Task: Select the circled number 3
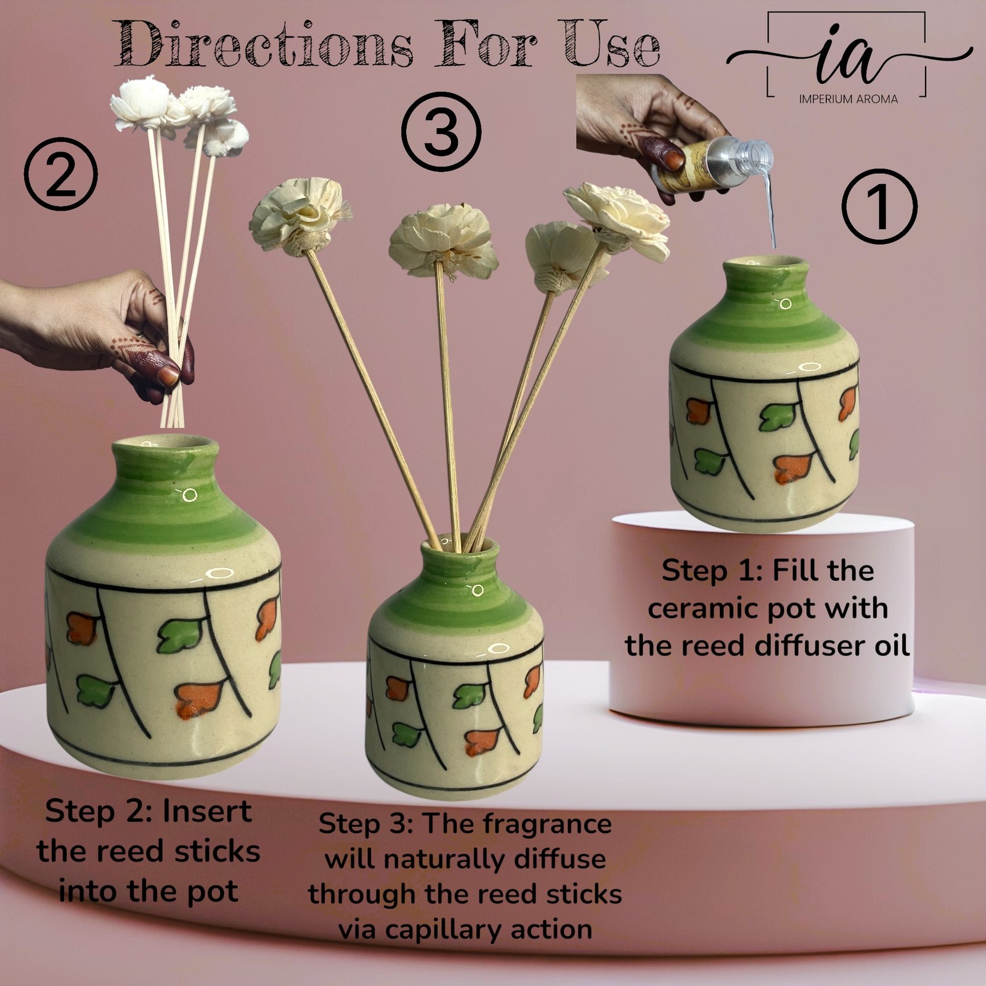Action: pyautogui.click(x=441, y=131)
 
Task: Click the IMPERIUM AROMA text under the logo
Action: pyautogui.click(x=848, y=99)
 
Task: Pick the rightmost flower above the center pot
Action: pyautogui.click(x=617, y=219)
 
